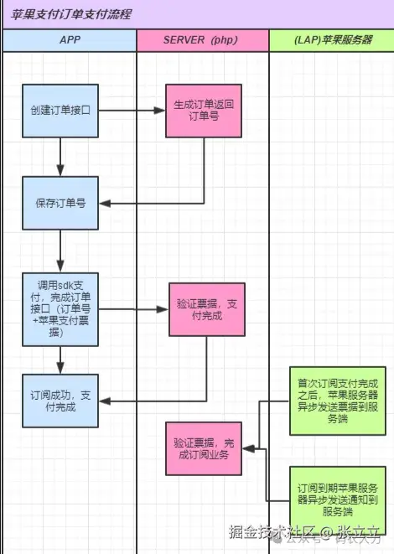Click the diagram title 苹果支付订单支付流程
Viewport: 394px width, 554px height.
(71, 15)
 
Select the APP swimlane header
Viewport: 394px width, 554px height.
(70, 40)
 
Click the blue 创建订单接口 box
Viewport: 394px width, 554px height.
(60, 110)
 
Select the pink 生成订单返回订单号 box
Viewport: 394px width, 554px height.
(204, 110)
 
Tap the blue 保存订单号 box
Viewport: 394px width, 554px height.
(60, 203)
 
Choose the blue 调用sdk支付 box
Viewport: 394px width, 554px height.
(60, 309)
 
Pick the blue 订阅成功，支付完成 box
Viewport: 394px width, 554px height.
(60, 401)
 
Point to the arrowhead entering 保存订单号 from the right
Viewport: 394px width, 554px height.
(104, 203)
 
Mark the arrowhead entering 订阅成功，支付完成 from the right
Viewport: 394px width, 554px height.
(104, 401)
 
